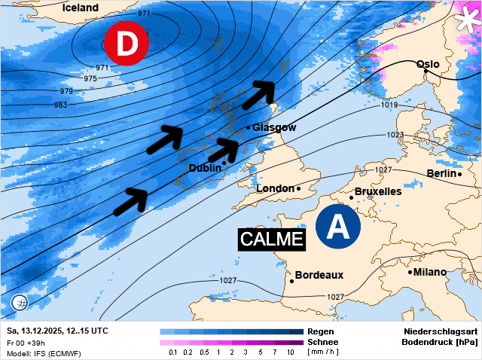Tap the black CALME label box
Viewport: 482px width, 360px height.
click(x=271, y=239)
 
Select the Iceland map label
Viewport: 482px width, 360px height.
click(x=81, y=8)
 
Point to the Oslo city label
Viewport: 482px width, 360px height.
click(x=428, y=64)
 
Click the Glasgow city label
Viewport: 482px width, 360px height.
click(x=274, y=127)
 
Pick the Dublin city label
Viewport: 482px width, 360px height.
click(x=205, y=168)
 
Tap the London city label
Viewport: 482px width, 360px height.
click(x=275, y=188)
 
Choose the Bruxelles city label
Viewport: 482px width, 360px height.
click(x=377, y=191)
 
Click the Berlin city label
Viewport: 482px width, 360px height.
click(x=442, y=173)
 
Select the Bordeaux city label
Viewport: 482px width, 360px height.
click(x=319, y=275)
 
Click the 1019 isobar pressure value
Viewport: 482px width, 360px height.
click(x=389, y=105)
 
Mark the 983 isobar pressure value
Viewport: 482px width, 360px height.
click(x=60, y=105)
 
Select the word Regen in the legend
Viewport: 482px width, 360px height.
click(x=321, y=331)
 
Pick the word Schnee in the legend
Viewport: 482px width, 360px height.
click(x=324, y=342)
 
